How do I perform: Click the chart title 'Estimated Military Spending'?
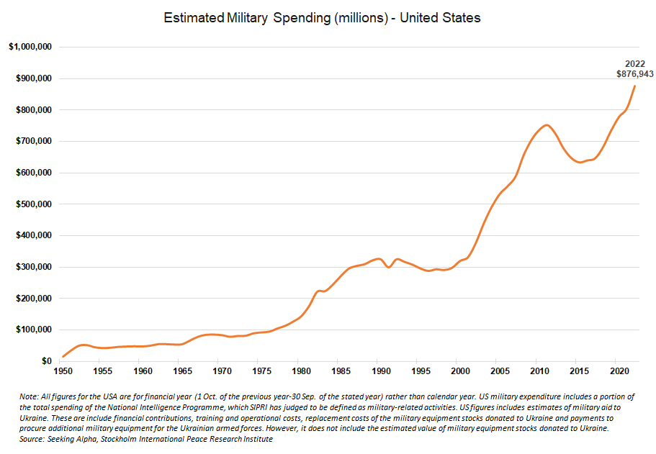tap(322, 18)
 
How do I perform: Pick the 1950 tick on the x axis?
tap(63, 371)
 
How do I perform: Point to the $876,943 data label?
tap(635, 74)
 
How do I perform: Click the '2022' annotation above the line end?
tap(635, 64)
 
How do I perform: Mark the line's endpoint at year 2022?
tap(634, 86)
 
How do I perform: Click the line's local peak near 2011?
tap(547, 125)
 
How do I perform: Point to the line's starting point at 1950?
tap(63, 356)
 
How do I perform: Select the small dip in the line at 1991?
tap(389, 267)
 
